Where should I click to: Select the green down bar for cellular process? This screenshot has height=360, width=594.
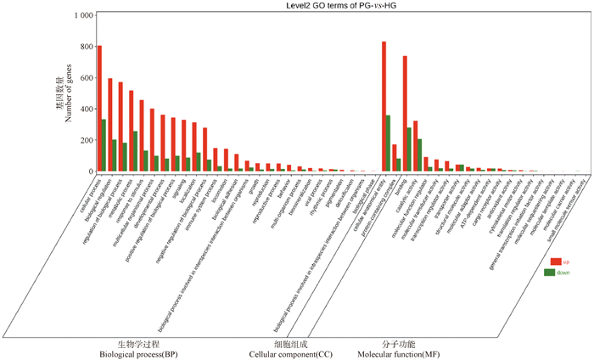pyautogui.click(x=104, y=145)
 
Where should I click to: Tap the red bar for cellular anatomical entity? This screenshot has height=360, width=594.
pyautogui.click(x=384, y=106)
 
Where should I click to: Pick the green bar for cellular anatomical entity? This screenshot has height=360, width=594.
pyautogui.click(x=389, y=143)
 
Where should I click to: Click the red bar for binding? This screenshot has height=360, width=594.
pyautogui.click(x=406, y=114)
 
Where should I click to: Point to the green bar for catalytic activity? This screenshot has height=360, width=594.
pyautogui.click(x=420, y=155)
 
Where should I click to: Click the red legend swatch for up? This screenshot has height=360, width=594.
pyautogui.click(x=556, y=261)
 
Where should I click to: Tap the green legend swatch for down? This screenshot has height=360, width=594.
pyautogui.click(x=556, y=273)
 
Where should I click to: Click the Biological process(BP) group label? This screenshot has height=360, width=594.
pyautogui.click(x=137, y=354)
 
